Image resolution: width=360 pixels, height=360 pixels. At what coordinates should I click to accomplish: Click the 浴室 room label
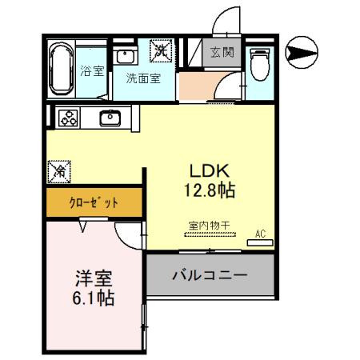(x=92, y=72)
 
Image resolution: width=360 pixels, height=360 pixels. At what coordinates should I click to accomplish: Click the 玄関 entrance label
(x=222, y=53)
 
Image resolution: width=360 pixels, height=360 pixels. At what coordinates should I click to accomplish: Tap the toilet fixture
(x=260, y=63)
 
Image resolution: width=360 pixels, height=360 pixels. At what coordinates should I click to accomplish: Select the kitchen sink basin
(x=109, y=118)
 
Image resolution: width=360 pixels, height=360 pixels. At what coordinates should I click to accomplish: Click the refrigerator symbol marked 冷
(x=58, y=170)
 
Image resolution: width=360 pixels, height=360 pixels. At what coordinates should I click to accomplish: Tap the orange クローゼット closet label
(x=94, y=202)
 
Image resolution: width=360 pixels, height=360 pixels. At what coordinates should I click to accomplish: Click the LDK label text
(x=210, y=171)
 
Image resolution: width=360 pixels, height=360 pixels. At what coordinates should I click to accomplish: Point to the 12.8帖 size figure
(x=210, y=191)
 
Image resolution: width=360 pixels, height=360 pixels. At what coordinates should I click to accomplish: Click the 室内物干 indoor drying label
(x=210, y=226)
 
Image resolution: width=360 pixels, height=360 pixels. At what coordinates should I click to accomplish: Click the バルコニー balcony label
(x=210, y=274)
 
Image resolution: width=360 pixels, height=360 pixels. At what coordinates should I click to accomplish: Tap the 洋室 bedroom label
(x=94, y=279)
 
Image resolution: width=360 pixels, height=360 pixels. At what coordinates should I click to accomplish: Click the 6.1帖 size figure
(x=94, y=299)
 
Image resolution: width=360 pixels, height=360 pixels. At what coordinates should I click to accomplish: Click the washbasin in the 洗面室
(x=125, y=56)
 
